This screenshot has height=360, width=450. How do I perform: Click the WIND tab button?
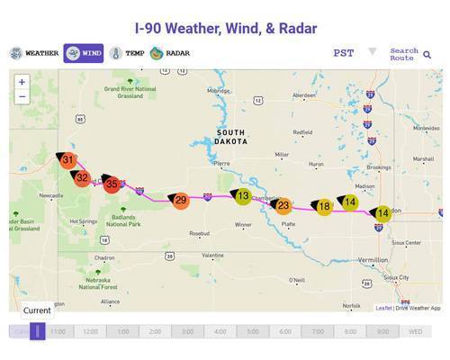(x=83, y=53)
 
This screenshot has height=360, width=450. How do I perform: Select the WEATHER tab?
(x=35, y=53)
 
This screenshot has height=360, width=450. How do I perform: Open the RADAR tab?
(x=171, y=53)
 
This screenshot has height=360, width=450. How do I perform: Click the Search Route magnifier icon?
(x=427, y=55)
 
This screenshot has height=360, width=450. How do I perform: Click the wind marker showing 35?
(x=112, y=184)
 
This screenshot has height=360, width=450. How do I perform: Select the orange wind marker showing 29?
(x=180, y=200)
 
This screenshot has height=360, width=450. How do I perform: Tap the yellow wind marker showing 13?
(x=242, y=195)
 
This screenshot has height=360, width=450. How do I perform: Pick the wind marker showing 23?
(x=283, y=205)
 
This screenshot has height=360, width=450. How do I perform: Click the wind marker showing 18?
(x=324, y=206)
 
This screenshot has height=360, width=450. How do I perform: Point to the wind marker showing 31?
(x=67, y=160)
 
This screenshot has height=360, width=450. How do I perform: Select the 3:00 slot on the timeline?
(x=187, y=331)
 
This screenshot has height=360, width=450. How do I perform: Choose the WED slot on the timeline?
(x=415, y=331)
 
